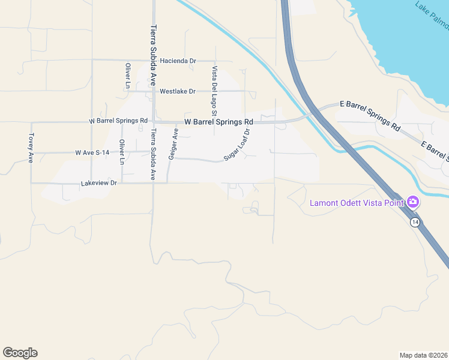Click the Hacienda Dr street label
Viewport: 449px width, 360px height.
tap(178, 61)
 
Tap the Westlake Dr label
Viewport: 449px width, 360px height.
tap(178, 91)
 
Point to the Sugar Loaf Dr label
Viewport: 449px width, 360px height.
tap(237, 145)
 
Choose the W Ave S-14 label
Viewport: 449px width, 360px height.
tap(92, 153)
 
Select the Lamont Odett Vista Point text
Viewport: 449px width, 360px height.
tap(357, 202)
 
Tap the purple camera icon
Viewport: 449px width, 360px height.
tap(412, 202)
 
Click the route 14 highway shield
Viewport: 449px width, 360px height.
tap(415, 222)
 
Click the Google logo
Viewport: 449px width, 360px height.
tap(20, 353)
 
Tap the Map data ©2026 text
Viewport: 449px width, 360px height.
tap(423, 355)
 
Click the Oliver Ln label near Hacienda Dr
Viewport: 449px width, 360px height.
tap(128, 76)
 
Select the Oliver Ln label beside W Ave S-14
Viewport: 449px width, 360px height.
tap(122, 152)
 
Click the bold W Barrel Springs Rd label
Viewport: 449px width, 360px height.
tap(218, 122)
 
